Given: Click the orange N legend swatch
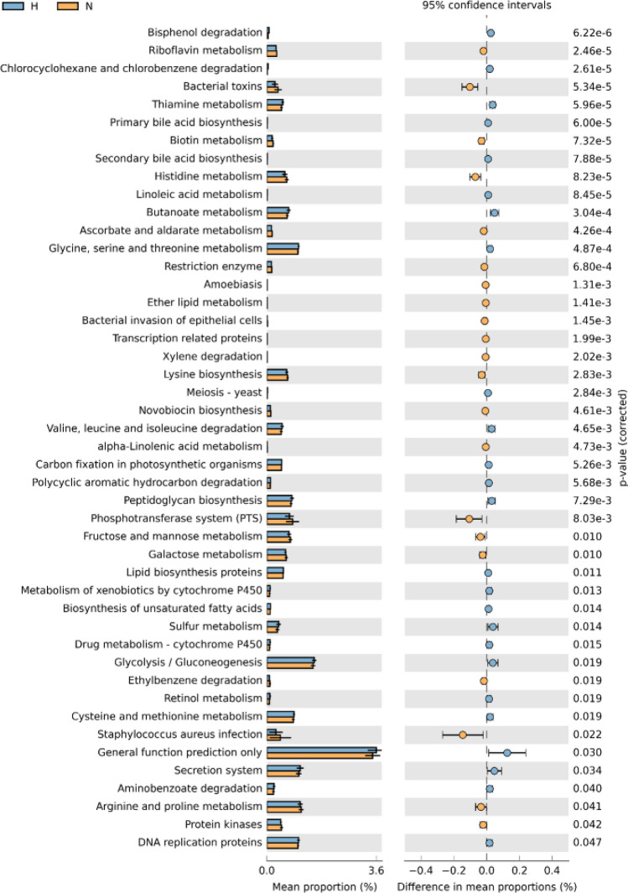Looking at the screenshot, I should click(x=71, y=6).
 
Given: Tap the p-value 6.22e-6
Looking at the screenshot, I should click(x=596, y=33).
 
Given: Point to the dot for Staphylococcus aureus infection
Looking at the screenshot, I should click(x=463, y=735).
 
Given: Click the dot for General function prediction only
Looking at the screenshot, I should click(x=507, y=753).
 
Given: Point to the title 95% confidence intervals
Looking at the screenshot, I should click(x=486, y=6).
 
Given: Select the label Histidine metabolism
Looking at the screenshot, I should click(x=209, y=177).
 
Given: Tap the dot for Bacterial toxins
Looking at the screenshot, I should click(x=470, y=86).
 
